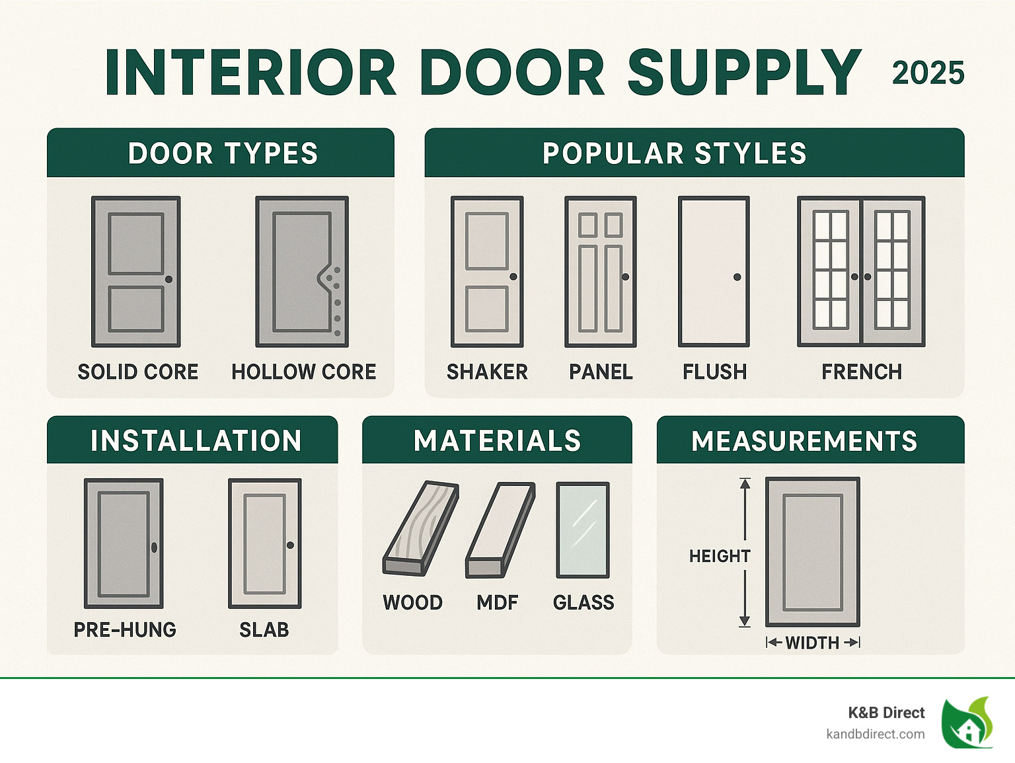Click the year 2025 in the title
click(x=928, y=73)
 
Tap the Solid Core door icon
click(x=136, y=271)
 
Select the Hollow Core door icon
click(x=302, y=271)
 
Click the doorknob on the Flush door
click(x=737, y=277)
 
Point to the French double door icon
click(x=861, y=271)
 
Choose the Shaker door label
click(x=487, y=372)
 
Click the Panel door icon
click(x=600, y=271)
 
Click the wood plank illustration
click(x=420, y=527)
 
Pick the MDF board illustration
click(x=500, y=530)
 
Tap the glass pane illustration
click(x=582, y=530)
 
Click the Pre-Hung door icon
click(x=124, y=543)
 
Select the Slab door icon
click(x=264, y=543)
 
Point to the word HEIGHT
click(x=719, y=556)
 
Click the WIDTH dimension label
click(x=812, y=643)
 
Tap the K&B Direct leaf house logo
click(x=967, y=723)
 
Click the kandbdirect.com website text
click(x=875, y=734)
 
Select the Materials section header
click(x=497, y=440)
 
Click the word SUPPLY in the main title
click(x=744, y=73)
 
